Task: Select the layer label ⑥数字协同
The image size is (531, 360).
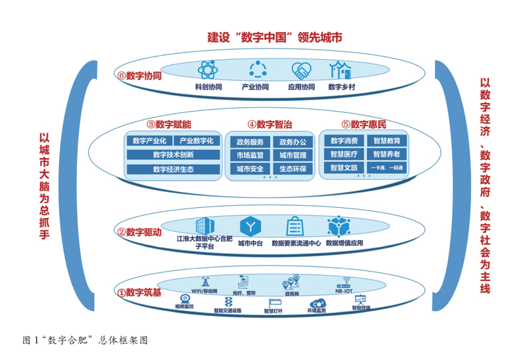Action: [139, 76]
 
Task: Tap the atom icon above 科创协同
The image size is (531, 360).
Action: [207, 70]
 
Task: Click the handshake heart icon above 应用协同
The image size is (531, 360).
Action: [301, 70]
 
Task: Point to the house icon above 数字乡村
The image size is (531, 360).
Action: [342, 69]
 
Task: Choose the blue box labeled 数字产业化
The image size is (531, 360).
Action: [149, 141]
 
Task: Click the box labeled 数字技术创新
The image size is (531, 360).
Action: [173, 155]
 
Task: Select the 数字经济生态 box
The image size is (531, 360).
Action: [173, 169]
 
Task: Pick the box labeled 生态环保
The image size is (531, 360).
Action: [292, 169]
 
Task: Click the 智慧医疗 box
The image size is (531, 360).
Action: [343, 154]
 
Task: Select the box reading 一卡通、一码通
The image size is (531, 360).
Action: [386, 168]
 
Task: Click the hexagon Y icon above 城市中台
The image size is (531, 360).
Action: [250, 227]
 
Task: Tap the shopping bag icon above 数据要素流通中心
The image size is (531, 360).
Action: [295, 227]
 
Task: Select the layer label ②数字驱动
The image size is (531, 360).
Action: [139, 232]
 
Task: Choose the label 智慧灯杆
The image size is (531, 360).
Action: [273, 310]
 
